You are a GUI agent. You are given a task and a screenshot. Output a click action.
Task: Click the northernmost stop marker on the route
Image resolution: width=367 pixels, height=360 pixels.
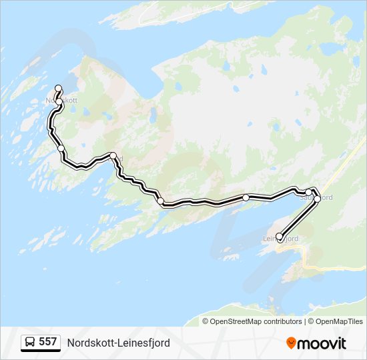point(58,88)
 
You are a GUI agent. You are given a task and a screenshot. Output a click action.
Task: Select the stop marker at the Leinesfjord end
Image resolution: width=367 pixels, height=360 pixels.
point(279,236)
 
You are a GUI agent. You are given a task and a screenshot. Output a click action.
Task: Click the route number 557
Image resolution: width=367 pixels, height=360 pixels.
point(47,342)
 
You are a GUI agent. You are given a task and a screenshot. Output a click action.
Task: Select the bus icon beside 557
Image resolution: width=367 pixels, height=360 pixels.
point(31,343)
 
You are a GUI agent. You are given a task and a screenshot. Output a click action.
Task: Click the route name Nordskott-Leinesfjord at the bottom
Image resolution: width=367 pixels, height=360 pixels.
point(118,343)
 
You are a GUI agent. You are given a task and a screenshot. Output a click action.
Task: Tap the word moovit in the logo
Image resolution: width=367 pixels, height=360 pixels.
point(322,343)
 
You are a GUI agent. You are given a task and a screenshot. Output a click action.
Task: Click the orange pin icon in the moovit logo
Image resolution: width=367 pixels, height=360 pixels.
point(291,343)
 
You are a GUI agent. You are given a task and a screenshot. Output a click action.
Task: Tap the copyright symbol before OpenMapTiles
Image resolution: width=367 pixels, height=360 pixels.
point(310,321)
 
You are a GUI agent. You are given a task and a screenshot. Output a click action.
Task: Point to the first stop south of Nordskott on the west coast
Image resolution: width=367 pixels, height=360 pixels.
point(61,148)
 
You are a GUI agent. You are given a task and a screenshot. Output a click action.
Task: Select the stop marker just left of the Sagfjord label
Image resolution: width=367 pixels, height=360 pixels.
point(308,193)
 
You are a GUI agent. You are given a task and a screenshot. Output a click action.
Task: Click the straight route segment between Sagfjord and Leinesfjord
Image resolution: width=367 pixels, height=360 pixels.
point(298,217)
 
